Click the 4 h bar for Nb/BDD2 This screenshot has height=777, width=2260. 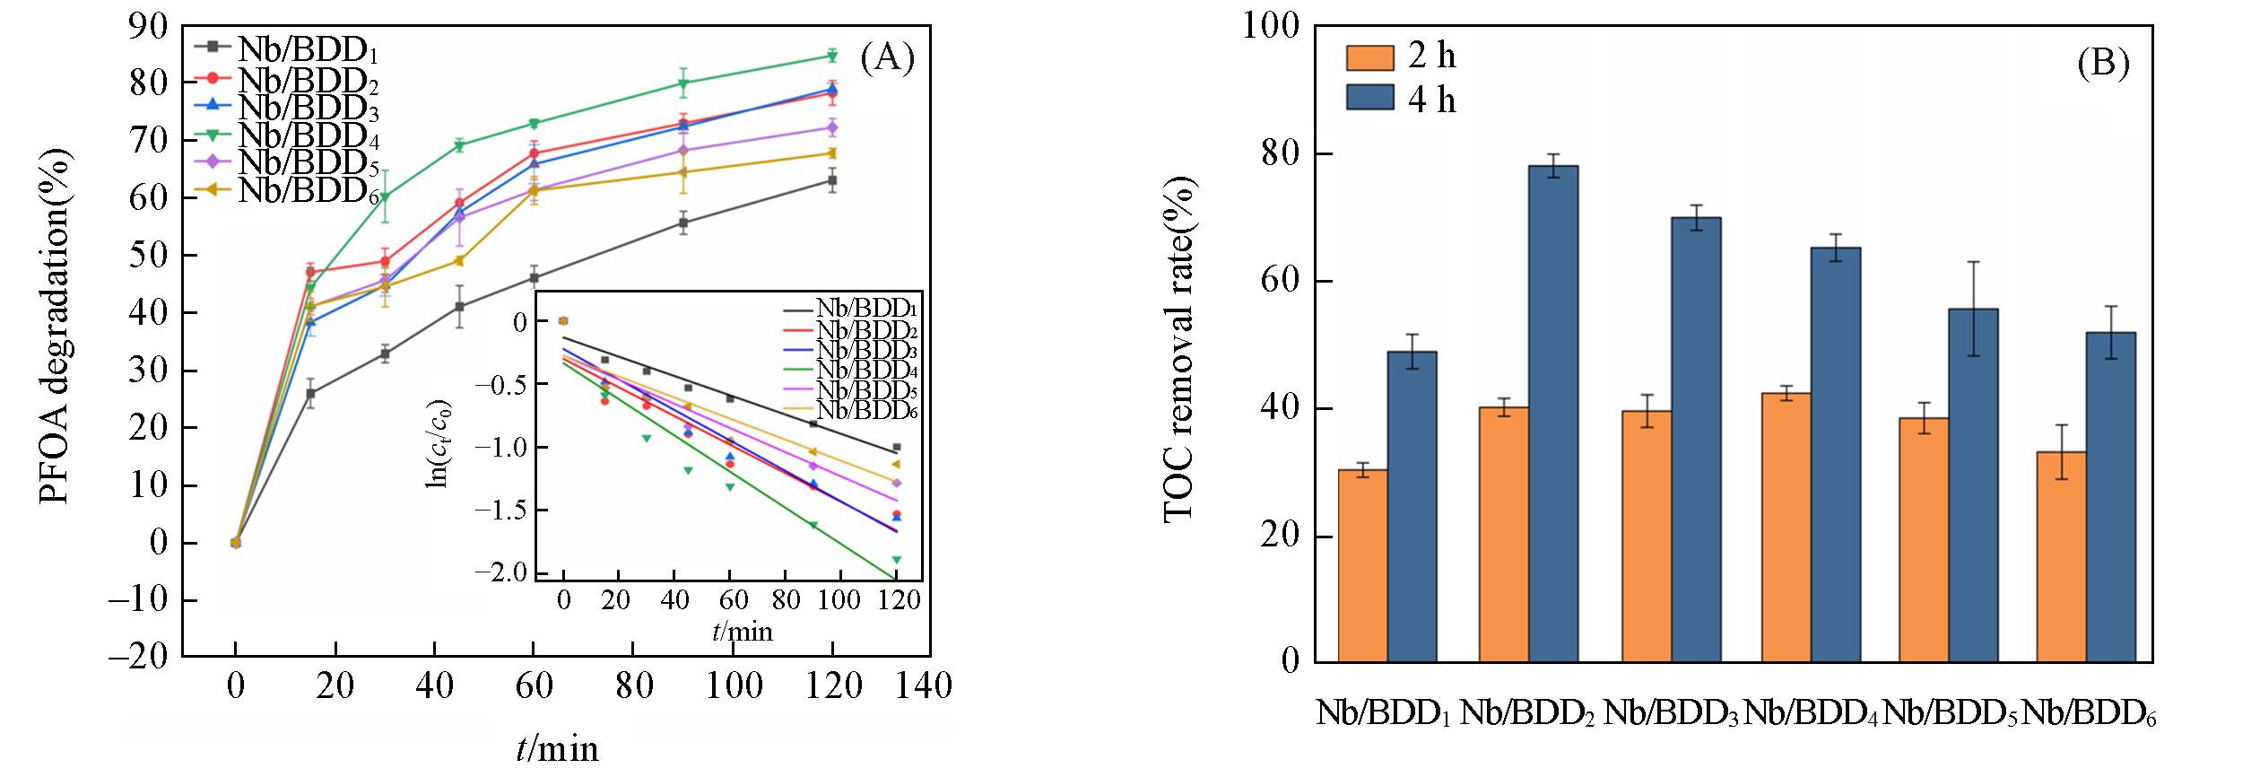tap(1553, 413)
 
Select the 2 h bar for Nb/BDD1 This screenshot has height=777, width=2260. tap(1362, 565)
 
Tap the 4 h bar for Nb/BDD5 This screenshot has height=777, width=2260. tap(1973, 485)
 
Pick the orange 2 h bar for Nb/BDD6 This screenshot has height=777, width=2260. tap(2061, 556)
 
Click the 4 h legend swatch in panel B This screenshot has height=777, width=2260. tap(1369, 97)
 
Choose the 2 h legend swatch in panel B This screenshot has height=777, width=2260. tap(1369, 57)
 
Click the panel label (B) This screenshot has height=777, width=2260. tap(2103, 64)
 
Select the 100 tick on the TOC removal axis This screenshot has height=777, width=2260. tap(1270, 26)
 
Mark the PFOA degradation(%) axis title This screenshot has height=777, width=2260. tap(56, 327)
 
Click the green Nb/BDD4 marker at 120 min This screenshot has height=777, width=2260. tap(832, 57)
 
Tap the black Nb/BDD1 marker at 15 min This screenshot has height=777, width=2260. tap(310, 393)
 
